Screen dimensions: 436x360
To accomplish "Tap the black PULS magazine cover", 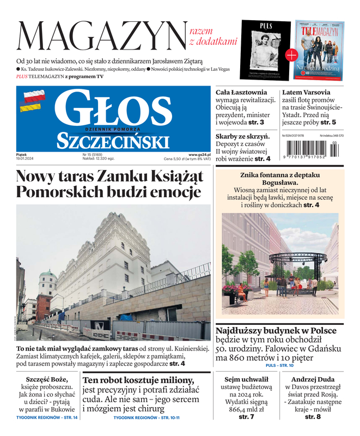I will pyautogui.click(x=266, y=49).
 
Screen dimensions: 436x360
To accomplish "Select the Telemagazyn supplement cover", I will pyautogui.click(x=320, y=50).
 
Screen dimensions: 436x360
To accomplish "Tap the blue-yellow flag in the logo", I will pyautogui.click(x=30, y=108).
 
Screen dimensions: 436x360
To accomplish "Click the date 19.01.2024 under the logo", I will pyautogui.click(x=25, y=159).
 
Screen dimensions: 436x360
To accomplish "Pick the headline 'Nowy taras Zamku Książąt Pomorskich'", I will pyautogui.click(x=109, y=184).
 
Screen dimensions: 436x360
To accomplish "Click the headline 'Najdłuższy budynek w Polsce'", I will pyautogui.click(x=276, y=331).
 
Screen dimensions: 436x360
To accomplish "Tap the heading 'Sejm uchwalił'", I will pyautogui.click(x=246, y=379).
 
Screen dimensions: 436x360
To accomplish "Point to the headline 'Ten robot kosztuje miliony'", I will pyautogui.click(x=138, y=380).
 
